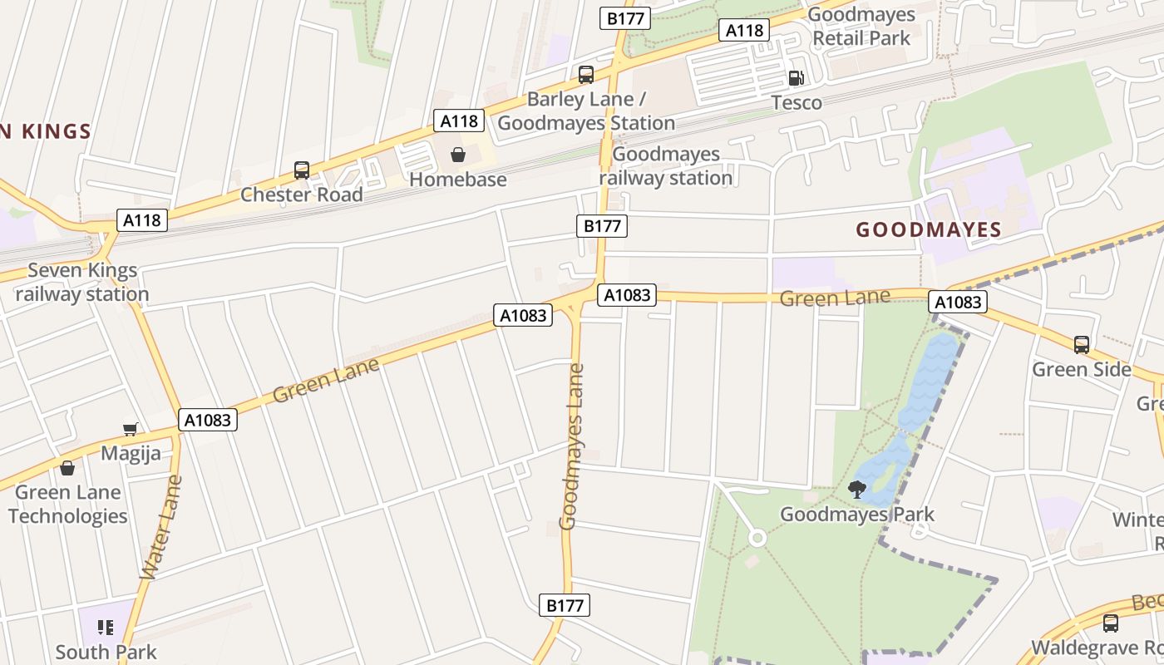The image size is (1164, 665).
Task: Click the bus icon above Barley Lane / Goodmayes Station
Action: pyautogui.click(x=586, y=75)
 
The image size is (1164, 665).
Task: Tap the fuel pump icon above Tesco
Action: pyautogui.click(x=796, y=78)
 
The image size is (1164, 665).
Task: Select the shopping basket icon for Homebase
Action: pyautogui.click(x=458, y=155)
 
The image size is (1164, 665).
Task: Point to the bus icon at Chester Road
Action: pyautogui.click(x=302, y=170)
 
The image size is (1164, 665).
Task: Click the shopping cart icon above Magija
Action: pyautogui.click(x=130, y=429)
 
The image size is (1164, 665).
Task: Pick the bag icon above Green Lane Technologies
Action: pyautogui.click(x=67, y=468)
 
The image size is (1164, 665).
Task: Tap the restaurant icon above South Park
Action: pyautogui.click(x=106, y=627)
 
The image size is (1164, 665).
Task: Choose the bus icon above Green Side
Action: pyautogui.click(x=1081, y=344)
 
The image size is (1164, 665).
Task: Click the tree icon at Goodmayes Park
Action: pyautogui.click(x=857, y=489)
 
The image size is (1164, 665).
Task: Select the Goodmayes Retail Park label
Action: pyautogui.click(x=861, y=27)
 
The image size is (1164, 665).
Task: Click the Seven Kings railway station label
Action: pyautogui.click(x=81, y=283)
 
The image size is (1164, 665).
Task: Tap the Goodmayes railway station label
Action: pyautogui.click(x=666, y=166)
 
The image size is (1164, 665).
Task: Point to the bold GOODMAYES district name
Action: pyautogui.click(x=929, y=230)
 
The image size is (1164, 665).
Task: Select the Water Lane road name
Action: pyautogui.click(x=161, y=527)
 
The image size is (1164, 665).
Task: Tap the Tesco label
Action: pyautogui.click(x=797, y=103)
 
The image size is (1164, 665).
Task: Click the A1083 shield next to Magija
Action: pyautogui.click(x=208, y=420)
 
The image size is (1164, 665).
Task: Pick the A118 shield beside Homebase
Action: pyautogui.click(x=459, y=121)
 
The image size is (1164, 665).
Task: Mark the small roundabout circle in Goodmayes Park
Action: pyautogui.click(x=757, y=538)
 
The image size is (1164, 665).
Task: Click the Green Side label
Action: pyautogui.click(x=1081, y=369)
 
